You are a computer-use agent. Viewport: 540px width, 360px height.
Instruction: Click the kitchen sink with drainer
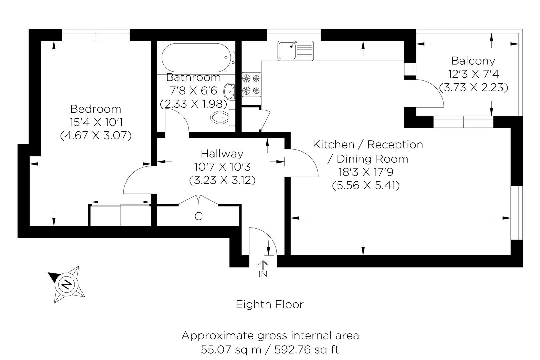295,51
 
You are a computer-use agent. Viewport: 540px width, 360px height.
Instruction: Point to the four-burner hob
251,84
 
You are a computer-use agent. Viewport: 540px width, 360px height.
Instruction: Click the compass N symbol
67,284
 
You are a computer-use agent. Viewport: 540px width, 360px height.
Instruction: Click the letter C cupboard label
198,216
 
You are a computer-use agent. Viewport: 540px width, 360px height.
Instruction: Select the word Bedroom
96,109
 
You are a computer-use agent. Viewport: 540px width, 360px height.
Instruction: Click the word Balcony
473,61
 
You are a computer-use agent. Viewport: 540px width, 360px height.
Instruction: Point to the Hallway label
222,154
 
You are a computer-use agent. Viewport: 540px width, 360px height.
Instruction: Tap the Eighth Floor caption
269,304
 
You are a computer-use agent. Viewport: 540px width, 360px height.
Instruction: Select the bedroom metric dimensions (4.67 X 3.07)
96,136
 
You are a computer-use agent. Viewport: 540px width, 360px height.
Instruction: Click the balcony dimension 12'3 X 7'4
473,74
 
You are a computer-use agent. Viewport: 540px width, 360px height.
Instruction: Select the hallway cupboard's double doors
199,200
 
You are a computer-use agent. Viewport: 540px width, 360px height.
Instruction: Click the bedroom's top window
96,35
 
